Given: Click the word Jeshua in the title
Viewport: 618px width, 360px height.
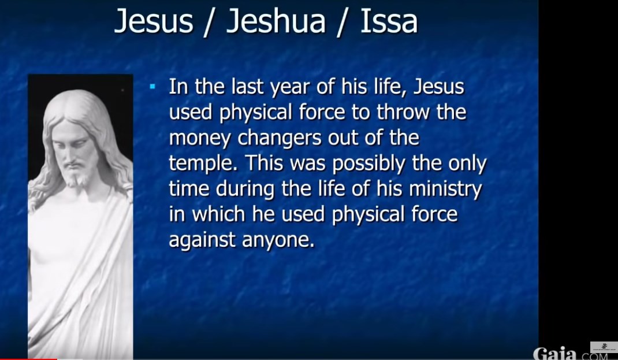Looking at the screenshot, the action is tap(276, 21).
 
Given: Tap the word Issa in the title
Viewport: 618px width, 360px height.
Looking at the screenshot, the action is tap(389, 21).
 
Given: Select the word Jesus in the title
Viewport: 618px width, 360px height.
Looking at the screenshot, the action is tap(154, 21).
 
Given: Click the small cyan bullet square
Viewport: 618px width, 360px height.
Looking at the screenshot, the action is tap(152, 86).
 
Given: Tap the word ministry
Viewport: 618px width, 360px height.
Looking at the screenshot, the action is tap(446, 190).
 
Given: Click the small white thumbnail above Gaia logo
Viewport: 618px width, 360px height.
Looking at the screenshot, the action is tap(604, 347).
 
